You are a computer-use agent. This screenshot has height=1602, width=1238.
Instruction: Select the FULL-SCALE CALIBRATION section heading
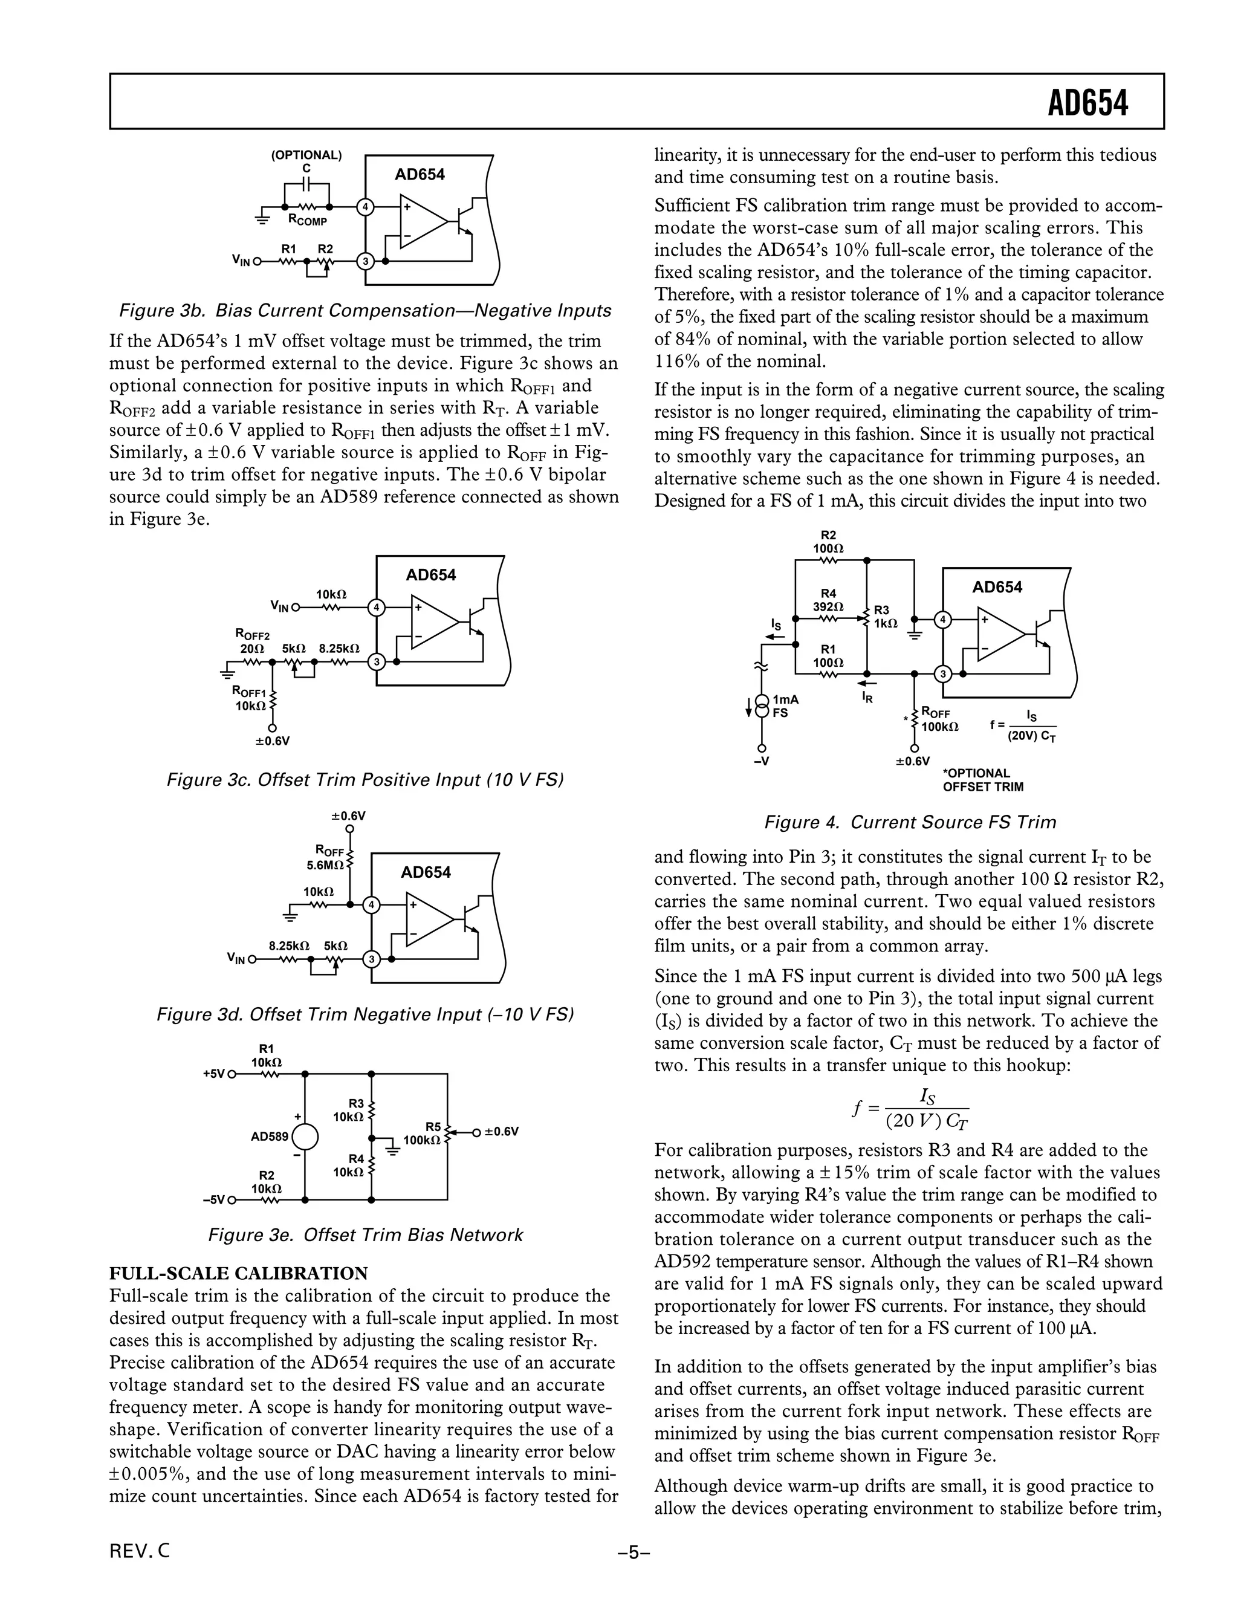238,1273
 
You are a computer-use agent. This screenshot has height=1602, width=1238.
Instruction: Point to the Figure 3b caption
365,310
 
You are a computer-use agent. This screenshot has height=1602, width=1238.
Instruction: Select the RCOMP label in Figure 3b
307,220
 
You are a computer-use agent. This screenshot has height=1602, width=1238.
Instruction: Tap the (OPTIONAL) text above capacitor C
306,155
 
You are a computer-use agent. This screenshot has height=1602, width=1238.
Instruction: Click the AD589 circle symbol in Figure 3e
305,1137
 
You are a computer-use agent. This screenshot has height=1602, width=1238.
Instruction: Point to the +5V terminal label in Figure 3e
214,1074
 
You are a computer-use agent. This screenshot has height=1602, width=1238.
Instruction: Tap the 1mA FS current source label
785,705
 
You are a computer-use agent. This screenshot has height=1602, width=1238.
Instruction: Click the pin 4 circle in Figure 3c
376,608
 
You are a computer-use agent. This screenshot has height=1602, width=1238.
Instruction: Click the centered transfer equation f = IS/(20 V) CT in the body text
909,1107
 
